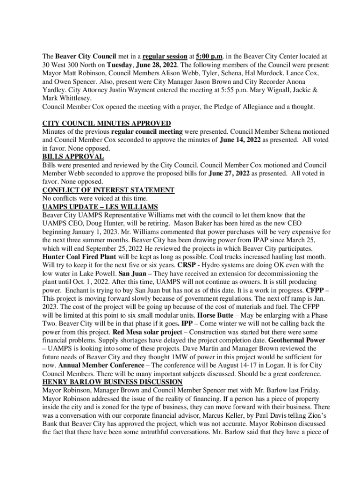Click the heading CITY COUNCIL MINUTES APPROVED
[x=106, y=123]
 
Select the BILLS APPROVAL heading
[x=73, y=157]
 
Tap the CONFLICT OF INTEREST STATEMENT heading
[x=108, y=190]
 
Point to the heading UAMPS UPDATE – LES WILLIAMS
[x=100, y=207]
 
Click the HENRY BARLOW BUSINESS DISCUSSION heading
[x=112, y=382]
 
